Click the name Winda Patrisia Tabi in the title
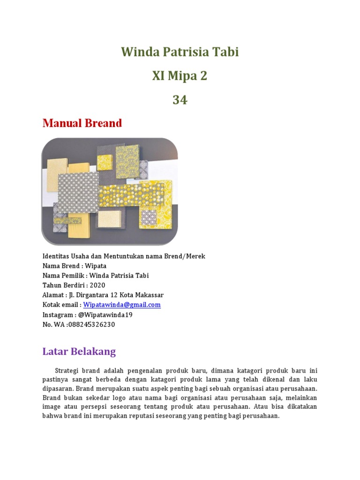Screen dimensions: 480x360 click(180, 52)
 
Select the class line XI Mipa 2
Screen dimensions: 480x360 click(180, 75)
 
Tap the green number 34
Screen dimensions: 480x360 click(180, 99)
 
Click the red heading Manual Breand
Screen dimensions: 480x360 click(82, 123)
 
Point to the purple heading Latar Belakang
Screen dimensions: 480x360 click(79, 352)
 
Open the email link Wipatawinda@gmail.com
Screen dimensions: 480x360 click(122, 305)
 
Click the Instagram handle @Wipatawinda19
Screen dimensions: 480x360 click(102, 315)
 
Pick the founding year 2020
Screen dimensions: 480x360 click(97, 285)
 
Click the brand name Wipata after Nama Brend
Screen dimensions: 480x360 click(96, 266)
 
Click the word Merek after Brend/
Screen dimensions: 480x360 click(196, 256)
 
